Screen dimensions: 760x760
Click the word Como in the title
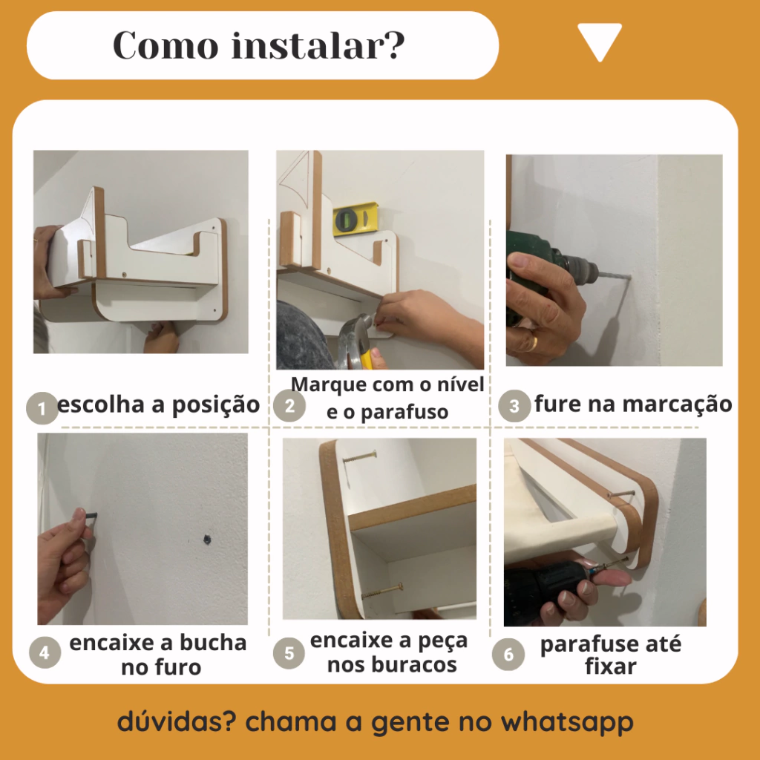pyautogui.click(x=166, y=45)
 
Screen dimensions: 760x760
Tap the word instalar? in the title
pyautogui.click(x=318, y=45)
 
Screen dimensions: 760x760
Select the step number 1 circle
pyautogui.click(x=42, y=408)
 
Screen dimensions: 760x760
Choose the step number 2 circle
pyautogui.click(x=289, y=406)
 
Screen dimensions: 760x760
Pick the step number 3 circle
pyautogui.click(x=514, y=406)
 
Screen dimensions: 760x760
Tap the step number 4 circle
pyautogui.click(x=45, y=652)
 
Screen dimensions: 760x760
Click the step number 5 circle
pyautogui.click(x=289, y=653)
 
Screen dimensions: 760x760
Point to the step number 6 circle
pyautogui.click(x=508, y=655)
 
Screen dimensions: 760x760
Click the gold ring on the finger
pyautogui.click(x=531, y=343)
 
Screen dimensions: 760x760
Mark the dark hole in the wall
pyautogui.click(x=207, y=539)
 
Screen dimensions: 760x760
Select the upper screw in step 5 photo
pyautogui.click(x=360, y=456)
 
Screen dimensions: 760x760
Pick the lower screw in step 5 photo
pyautogui.click(x=382, y=591)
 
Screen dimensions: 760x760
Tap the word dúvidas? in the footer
pyautogui.click(x=177, y=721)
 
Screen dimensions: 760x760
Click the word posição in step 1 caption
pyautogui.click(x=216, y=405)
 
